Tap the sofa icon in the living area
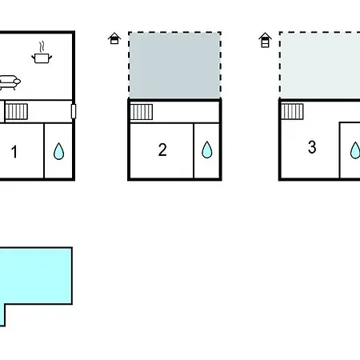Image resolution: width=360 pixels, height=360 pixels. click(x=10, y=82)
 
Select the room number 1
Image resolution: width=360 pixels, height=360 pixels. click(x=14, y=152)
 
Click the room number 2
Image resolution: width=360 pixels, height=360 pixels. click(x=162, y=150)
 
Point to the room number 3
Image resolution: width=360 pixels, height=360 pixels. click(x=312, y=147)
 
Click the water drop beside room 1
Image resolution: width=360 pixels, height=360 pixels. click(x=58, y=151)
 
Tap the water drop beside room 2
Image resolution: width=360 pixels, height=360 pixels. click(x=207, y=150)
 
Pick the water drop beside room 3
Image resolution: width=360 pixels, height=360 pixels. click(x=355, y=150)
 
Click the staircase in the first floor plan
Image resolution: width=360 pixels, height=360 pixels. click(x=17, y=111)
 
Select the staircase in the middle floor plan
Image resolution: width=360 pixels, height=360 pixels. click(x=142, y=112)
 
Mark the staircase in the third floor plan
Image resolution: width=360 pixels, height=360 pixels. click(x=292, y=111)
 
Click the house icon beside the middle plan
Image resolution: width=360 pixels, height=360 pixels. click(x=114, y=38)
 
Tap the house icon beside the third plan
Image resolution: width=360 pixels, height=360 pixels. click(x=265, y=40)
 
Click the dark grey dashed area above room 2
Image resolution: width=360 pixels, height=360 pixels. click(x=175, y=66)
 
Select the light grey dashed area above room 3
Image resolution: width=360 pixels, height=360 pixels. click(x=320, y=66)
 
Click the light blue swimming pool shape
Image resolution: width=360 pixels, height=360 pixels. click(x=36, y=276)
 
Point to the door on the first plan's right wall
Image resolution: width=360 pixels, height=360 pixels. click(x=74, y=111)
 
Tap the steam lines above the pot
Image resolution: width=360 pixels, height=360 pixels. click(x=42, y=47)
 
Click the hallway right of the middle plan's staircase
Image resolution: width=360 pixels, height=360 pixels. click(x=186, y=112)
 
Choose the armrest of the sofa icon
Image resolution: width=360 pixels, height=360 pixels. click(x=17, y=81)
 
